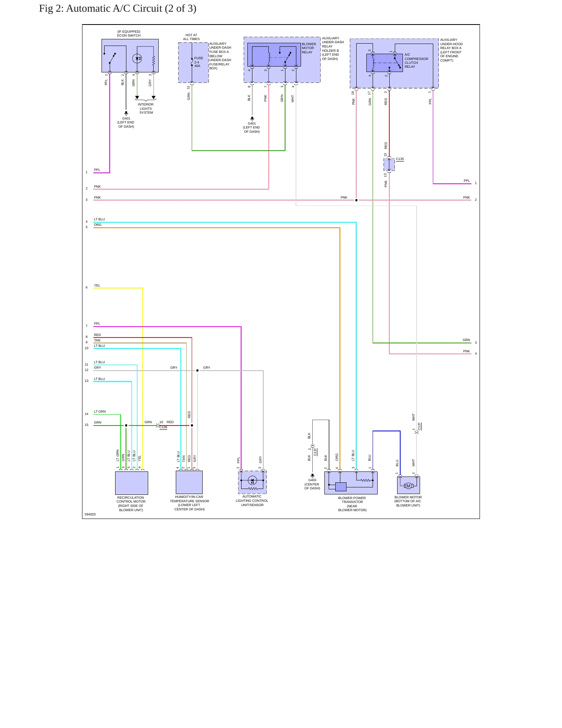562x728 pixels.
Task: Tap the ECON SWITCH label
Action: pyautogui.click(x=129, y=35)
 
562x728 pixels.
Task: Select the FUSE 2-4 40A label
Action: pyautogui.click(x=198, y=62)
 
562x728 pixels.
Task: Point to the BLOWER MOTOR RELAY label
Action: pyautogui.click(x=309, y=48)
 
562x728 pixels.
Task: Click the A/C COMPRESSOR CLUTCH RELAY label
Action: pyautogui.click(x=416, y=61)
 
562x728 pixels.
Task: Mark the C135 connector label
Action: pyautogui.click(x=400, y=159)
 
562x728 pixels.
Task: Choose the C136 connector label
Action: pyautogui.click(x=163, y=427)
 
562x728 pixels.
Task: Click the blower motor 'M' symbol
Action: pyautogui.click(x=408, y=486)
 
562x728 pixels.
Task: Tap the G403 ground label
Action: pyautogui.click(x=312, y=480)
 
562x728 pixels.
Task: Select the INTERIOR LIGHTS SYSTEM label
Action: pyautogui.click(x=146, y=109)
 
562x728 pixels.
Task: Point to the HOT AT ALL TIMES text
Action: pyautogui.click(x=191, y=37)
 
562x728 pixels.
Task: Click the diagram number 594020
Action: pyautogui.click(x=90, y=514)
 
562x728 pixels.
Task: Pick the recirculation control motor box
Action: pyautogui.click(x=131, y=483)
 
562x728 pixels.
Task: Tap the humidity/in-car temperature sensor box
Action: pyautogui.click(x=189, y=482)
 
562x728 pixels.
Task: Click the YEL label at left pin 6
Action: pyautogui.click(x=97, y=285)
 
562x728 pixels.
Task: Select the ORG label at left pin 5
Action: pyautogui.click(x=98, y=225)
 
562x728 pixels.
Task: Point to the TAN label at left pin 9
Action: pyautogui.click(x=97, y=340)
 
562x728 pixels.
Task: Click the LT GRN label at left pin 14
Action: pyautogui.click(x=100, y=411)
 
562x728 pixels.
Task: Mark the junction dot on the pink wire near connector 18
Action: pyautogui.click(x=356, y=200)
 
